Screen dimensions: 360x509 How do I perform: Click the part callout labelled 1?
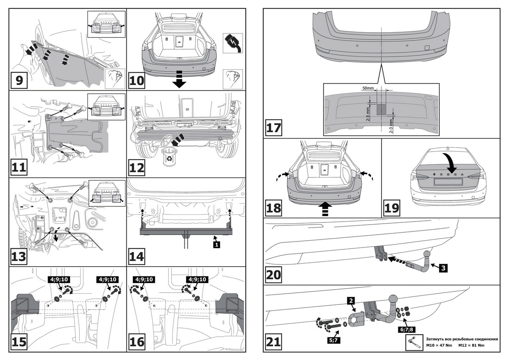click(217, 245)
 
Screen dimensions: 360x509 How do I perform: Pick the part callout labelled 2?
click(351, 301)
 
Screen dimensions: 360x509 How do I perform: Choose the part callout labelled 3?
click(442, 268)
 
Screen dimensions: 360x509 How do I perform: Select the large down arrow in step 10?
click(179, 79)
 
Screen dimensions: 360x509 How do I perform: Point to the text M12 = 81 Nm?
click(471, 345)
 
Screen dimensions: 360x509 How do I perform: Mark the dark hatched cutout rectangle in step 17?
click(382, 109)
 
